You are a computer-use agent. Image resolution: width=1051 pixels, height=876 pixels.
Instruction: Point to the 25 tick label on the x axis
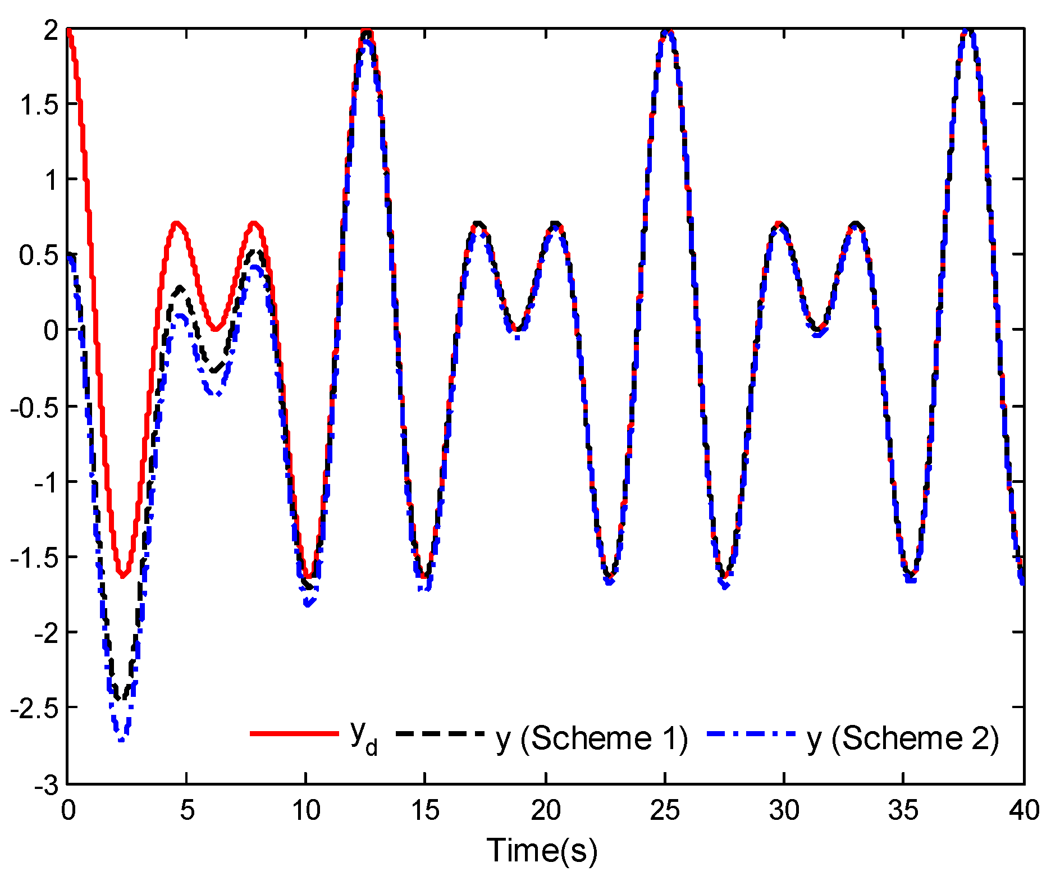coord(665,810)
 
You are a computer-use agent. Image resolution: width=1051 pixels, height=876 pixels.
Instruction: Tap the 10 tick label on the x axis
coord(306,810)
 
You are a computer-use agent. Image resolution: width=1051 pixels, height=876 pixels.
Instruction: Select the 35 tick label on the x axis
coord(904,810)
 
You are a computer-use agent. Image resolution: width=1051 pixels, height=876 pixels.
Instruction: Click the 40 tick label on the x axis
coord(1023,810)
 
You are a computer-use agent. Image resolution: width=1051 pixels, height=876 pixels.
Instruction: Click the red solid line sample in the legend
coord(294,733)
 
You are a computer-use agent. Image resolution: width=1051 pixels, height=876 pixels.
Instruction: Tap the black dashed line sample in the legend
coord(440,733)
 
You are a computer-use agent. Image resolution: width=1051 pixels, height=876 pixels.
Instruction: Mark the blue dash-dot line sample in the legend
coord(751,733)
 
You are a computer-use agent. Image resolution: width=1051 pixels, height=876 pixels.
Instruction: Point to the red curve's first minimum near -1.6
coord(123,575)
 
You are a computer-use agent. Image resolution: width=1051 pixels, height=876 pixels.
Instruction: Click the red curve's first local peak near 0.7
coord(177,223)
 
